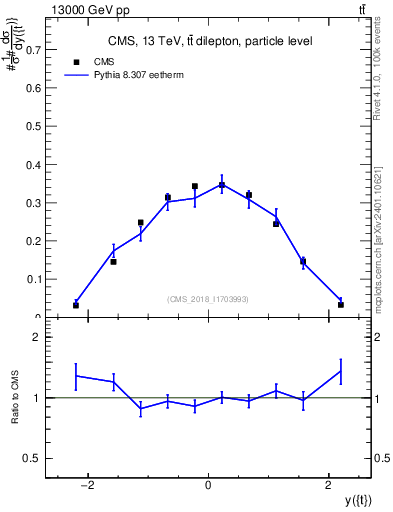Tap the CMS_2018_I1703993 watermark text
click(208, 298)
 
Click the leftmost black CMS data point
click(76, 305)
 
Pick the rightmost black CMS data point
click(341, 304)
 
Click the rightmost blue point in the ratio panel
click(341, 371)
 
